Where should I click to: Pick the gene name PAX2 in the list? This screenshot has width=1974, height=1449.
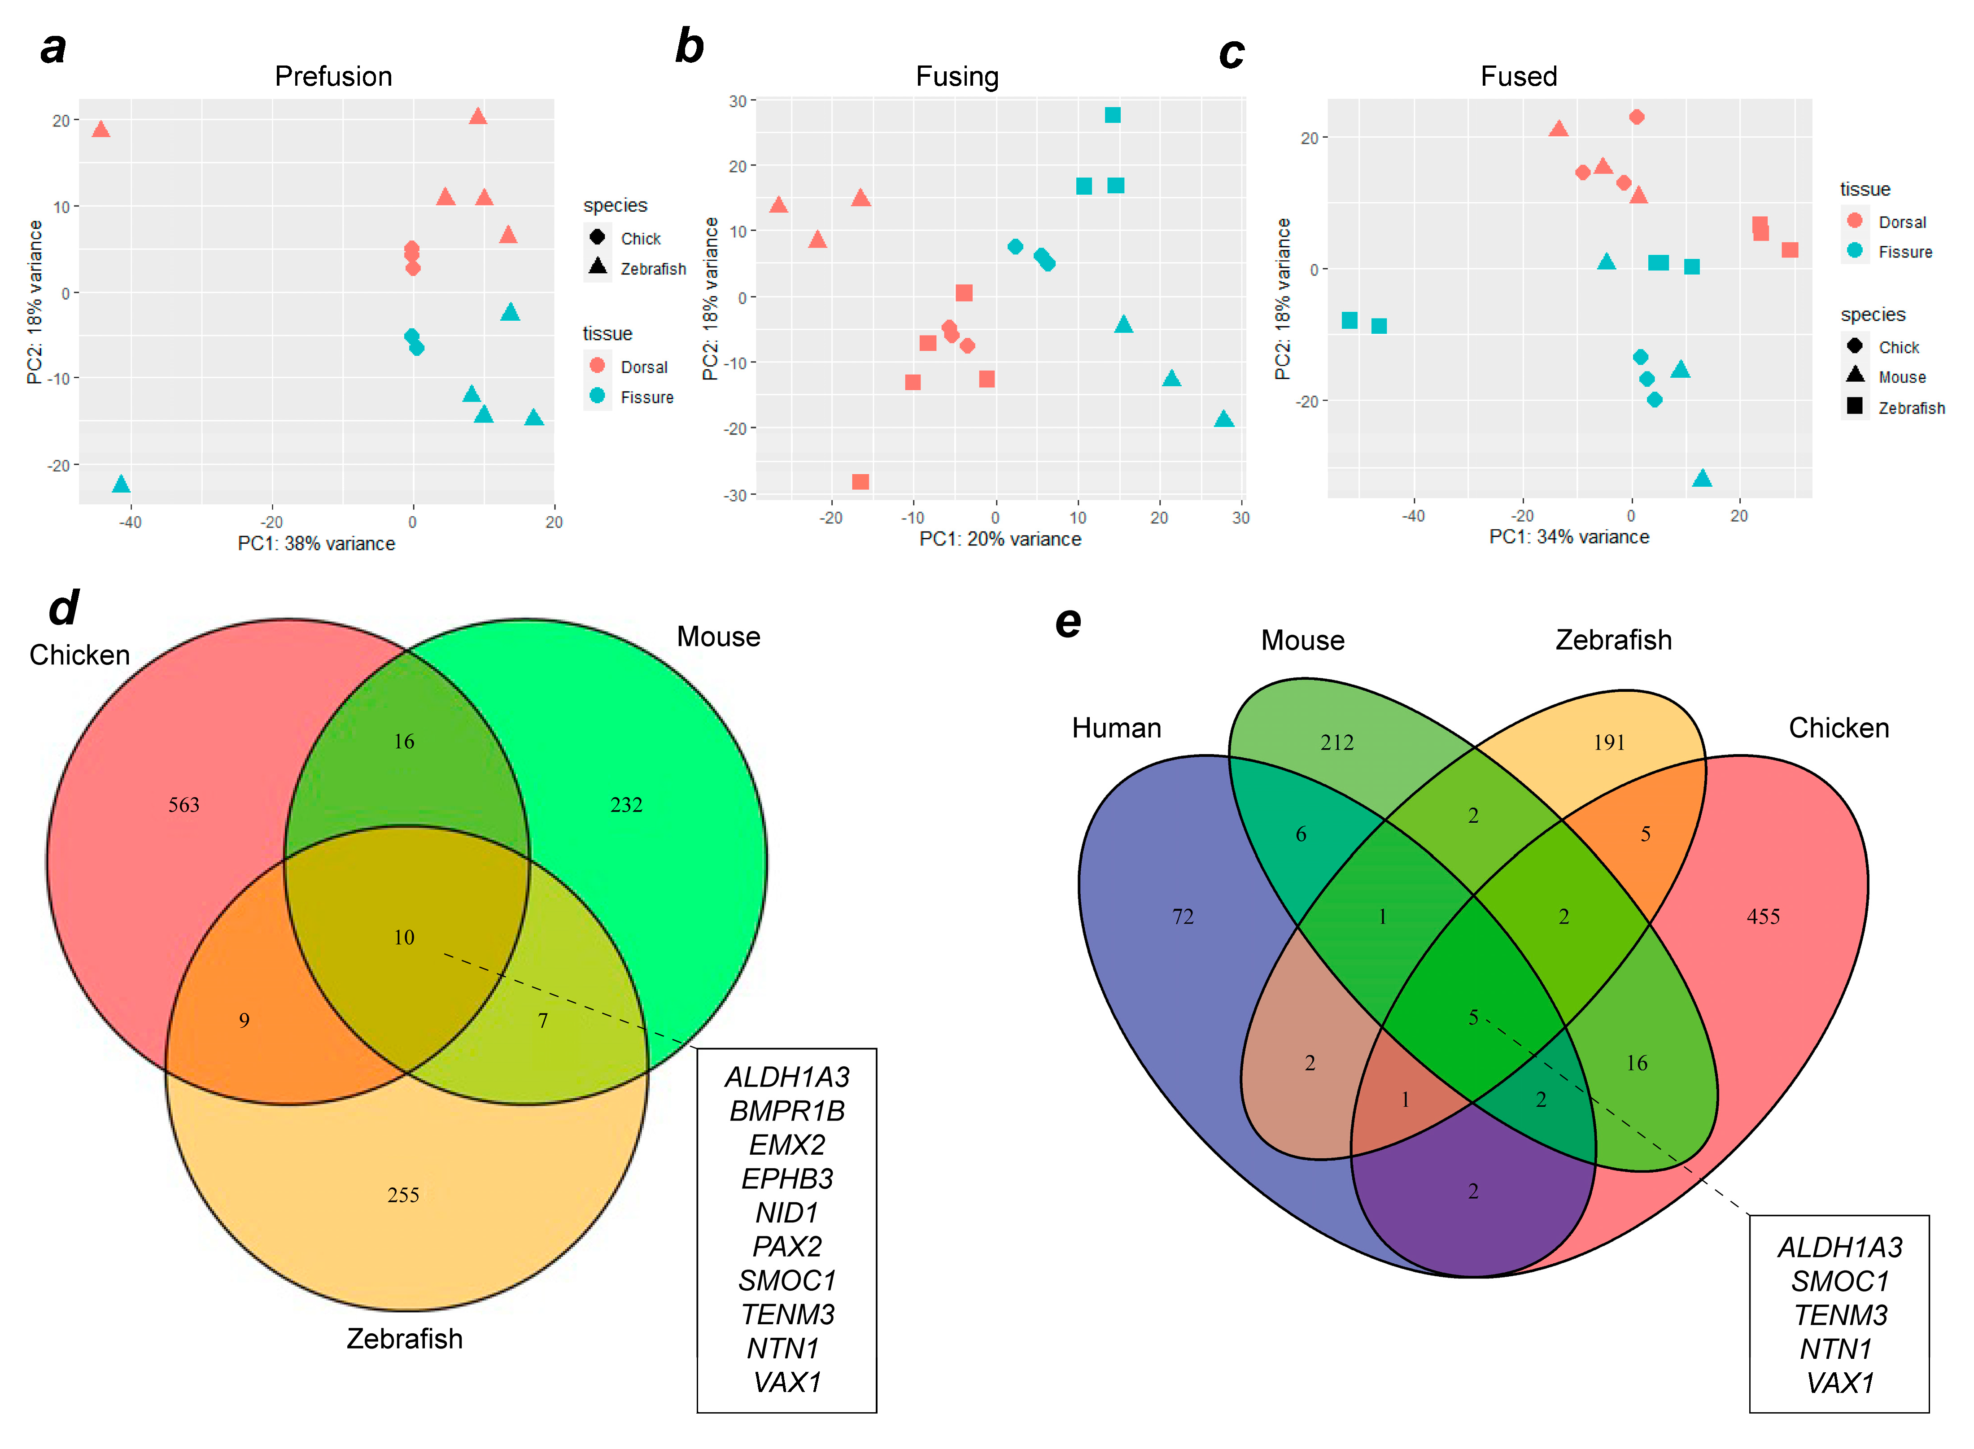tap(786, 1246)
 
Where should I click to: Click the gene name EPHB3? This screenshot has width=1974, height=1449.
tap(786, 1179)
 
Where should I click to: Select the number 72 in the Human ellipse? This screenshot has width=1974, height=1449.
tap(1183, 917)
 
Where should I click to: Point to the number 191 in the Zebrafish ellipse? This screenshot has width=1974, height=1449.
tap(1609, 743)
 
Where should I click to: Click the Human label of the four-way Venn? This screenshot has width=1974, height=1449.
tap(1116, 728)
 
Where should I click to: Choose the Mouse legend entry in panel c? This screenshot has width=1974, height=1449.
tap(1901, 377)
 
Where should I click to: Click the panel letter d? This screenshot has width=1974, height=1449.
tap(63, 608)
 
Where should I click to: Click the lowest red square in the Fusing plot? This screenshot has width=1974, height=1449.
tap(860, 481)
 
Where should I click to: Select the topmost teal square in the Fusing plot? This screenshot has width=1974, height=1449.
tap(1112, 115)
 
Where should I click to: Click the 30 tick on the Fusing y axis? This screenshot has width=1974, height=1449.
tap(738, 102)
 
